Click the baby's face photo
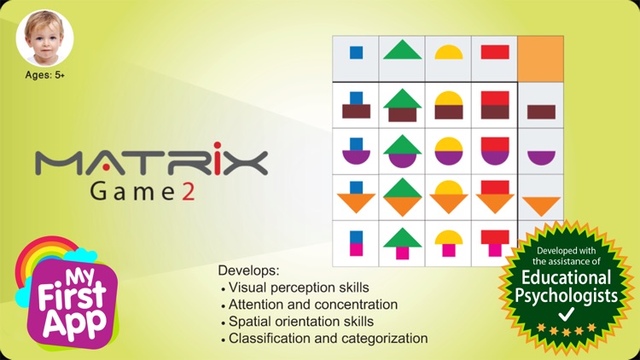point(44,38)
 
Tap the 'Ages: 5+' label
point(45,75)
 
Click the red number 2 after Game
point(187,192)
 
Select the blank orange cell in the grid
point(541,59)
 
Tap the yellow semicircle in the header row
point(448,52)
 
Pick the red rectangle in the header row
point(494,51)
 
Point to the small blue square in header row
point(356,52)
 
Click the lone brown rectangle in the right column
point(541,111)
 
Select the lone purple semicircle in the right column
point(541,157)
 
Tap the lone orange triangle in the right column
point(541,205)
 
